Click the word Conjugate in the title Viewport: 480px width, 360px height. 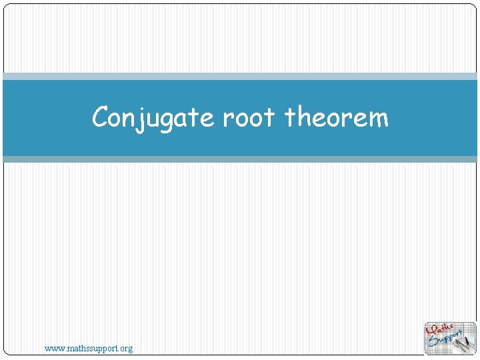[x=155, y=118]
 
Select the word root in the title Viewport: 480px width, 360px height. [x=248, y=118]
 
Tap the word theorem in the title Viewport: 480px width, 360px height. [x=336, y=118]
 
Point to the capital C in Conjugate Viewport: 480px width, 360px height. [x=101, y=117]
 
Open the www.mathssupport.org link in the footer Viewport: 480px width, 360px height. [x=89, y=348]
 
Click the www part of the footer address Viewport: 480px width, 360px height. [x=53, y=348]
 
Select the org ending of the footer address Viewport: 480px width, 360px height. [x=125, y=349]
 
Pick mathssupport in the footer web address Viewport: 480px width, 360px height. [x=91, y=348]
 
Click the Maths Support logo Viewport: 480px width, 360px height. [x=450, y=338]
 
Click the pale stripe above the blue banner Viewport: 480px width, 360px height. [x=240, y=76]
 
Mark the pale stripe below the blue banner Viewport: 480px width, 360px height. [x=240, y=159]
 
